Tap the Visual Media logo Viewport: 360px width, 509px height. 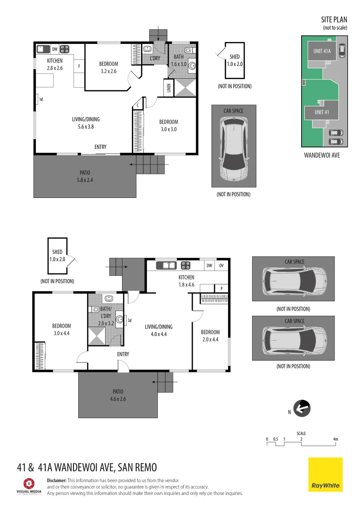29,485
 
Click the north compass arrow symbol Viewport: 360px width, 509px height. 302,408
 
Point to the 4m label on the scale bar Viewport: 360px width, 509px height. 335,439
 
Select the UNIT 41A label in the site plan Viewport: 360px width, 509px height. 322,51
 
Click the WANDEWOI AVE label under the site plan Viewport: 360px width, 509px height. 322,155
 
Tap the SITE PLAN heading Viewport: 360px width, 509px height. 334,20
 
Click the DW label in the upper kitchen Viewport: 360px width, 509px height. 55,49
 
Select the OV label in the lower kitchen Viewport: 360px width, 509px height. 221,266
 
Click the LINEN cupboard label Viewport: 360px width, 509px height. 168,88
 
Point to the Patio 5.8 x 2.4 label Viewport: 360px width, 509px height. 84,176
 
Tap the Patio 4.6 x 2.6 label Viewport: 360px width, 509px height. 118,395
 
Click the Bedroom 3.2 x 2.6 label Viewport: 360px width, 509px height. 108,67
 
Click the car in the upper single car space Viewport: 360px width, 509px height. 234,149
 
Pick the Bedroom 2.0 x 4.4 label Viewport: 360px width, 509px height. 210,335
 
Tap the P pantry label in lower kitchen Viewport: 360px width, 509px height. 221,288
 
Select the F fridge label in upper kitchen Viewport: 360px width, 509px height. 79,66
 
